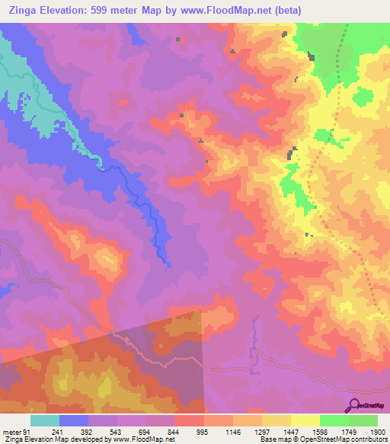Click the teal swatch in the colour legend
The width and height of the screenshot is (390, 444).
45,420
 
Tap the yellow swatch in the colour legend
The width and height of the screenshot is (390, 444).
305,420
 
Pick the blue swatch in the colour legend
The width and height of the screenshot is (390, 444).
74,420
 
